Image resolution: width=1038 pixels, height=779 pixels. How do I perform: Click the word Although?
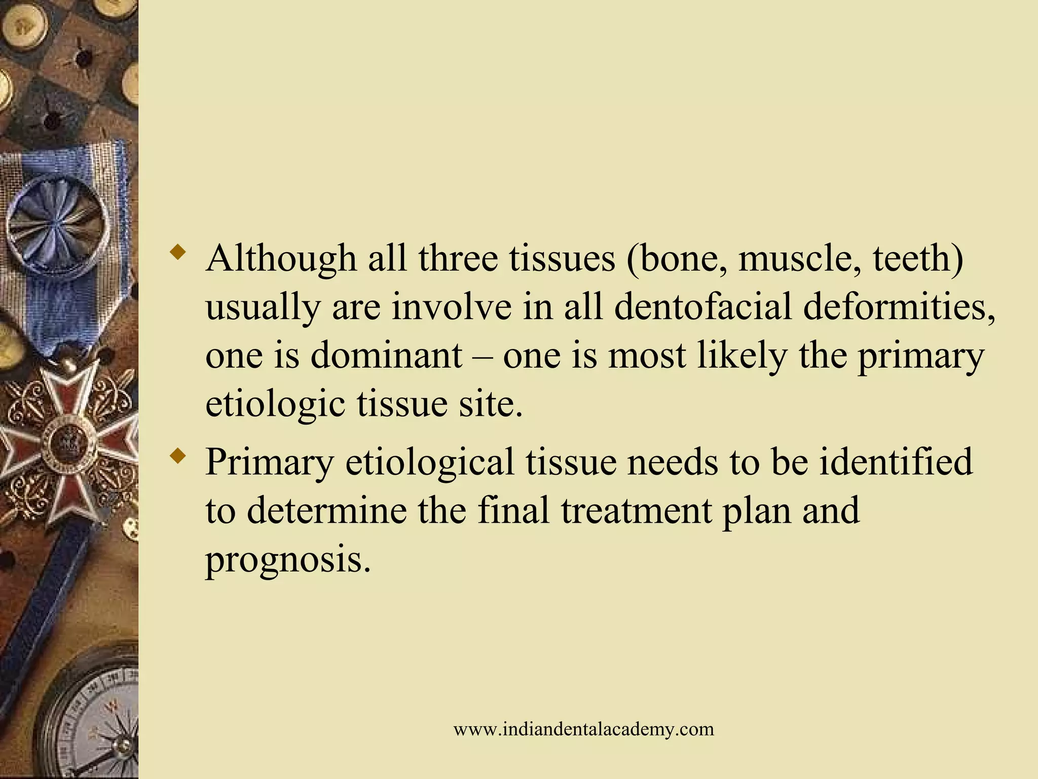[281, 258]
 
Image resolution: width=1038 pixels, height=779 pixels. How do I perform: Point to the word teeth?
[917, 258]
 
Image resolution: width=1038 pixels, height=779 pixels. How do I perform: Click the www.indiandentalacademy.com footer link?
[583, 729]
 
